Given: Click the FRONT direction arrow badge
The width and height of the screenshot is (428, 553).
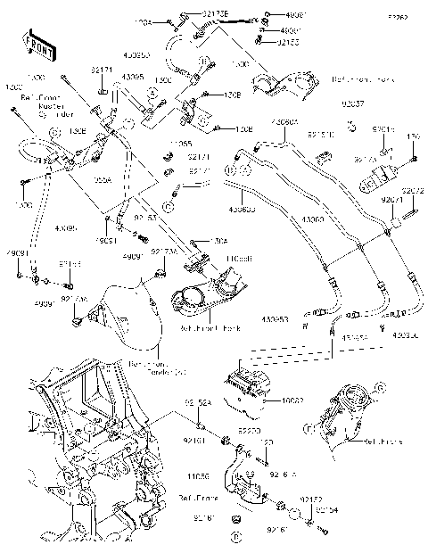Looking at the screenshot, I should (x=36, y=45).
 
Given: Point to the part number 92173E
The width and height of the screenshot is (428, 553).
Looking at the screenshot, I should (x=214, y=13).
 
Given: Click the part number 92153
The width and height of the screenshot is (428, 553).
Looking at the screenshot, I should (x=286, y=42).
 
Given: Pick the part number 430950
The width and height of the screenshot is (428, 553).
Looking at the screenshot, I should (x=136, y=55).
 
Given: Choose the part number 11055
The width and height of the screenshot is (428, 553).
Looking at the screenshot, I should (x=180, y=143).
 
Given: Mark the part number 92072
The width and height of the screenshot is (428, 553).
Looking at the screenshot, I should (x=412, y=191).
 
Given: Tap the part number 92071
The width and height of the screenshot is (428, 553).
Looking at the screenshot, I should (x=393, y=201).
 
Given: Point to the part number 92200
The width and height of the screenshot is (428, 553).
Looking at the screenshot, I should (x=249, y=430).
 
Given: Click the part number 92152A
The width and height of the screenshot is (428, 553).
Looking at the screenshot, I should (x=198, y=404).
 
